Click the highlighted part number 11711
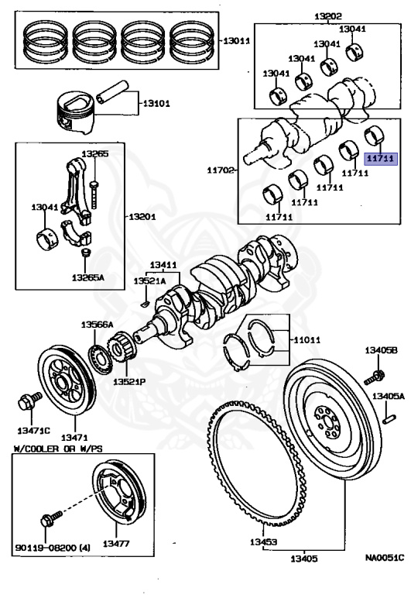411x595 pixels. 381,158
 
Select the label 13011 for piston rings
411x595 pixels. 235,40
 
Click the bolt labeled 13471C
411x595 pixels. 25,402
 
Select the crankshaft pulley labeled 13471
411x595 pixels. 67,377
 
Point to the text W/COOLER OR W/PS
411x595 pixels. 54,449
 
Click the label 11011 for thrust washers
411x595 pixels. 305,339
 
